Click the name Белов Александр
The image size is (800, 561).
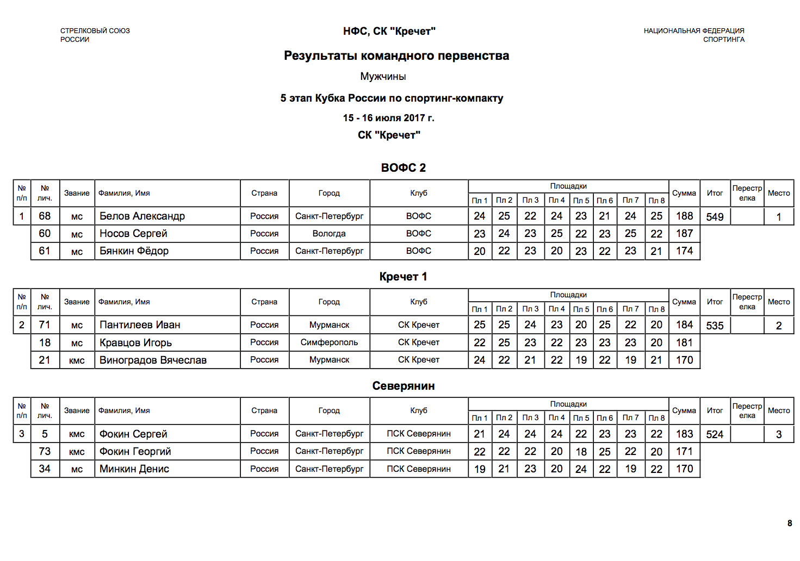click(142, 216)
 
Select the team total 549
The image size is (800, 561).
click(715, 217)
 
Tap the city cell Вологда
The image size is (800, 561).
click(329, 234)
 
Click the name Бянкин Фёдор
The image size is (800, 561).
click(134, 251)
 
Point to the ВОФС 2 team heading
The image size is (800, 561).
click(403, 168)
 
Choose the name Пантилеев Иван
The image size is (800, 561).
click(140, 325)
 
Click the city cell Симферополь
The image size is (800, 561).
click(329, 342)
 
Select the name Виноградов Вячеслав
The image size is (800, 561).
click(153, 360)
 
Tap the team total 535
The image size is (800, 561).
click(715, 326)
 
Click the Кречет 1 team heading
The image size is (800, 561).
click(403, 277)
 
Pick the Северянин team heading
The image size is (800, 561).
click(403, 386)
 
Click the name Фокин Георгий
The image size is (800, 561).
click(135, 452)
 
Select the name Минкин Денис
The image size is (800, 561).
click(134, 469)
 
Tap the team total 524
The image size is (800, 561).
click(715, 434)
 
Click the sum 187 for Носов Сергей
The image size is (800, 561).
click(684, 234)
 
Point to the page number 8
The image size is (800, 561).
click(790, 523)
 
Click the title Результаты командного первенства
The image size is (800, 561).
click(396, 55)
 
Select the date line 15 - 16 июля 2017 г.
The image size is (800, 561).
click(388, 118)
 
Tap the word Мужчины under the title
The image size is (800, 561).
click(383, 77)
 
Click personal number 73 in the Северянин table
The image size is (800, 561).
click(45, 452)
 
